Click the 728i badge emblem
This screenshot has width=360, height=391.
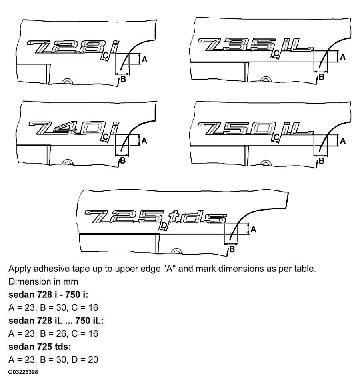[72, 47]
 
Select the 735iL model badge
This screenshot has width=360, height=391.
[255, 44]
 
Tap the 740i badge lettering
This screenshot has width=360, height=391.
[74, 128]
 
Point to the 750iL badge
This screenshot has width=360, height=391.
[255, 128]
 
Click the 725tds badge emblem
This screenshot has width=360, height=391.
[156, 217]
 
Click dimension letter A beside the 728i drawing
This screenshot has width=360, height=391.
[144, 59]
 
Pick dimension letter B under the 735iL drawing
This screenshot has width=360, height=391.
[321, 77]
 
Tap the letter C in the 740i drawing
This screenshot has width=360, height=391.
[106, 137]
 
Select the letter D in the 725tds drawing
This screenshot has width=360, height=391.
[164, 225]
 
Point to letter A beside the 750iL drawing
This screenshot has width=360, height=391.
[343, 141]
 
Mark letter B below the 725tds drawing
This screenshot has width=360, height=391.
[232, 249]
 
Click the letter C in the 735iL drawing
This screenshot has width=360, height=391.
[276, 53]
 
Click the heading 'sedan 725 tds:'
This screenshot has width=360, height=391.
[40, 347]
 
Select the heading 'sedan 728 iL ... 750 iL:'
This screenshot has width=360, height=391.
[56, 321]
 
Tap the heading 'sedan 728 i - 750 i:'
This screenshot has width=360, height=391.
[48, 295]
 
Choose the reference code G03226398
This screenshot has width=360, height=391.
[23, 372]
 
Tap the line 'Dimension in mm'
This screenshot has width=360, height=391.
[43, 281]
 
